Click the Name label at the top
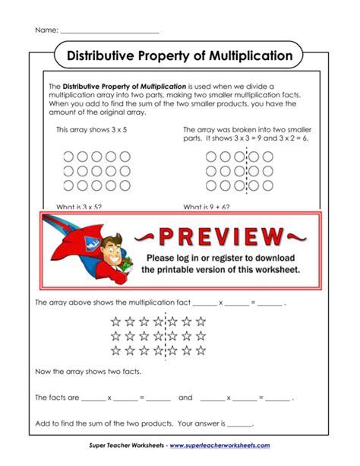coord(46,30)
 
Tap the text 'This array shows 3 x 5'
coord(91,130)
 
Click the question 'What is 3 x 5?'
coord(79,206)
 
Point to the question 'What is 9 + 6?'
coord(207,206)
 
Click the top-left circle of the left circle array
coord(68,157)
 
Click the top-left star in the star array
coord(116,322)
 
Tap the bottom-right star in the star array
coord(201,350)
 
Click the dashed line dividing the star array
coord(166,336)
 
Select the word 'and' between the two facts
coord(185,398)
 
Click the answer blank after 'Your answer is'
coord(239,424)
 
